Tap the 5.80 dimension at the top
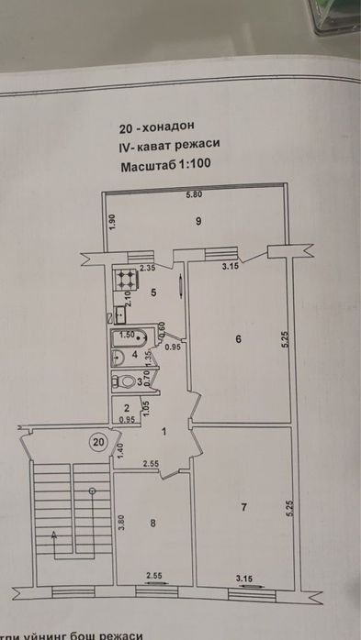click(x=192, y=195)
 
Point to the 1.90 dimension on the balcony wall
click(x=109, y=222)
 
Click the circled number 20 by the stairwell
click(x=98, y=441)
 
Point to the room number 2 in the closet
click(x=124, y=409)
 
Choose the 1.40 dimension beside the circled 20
click(x=119, y=448)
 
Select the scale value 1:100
click(x=198, y=167)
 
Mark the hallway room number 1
click(x=164, y=430)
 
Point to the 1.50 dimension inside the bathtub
click(x=128, y=336)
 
